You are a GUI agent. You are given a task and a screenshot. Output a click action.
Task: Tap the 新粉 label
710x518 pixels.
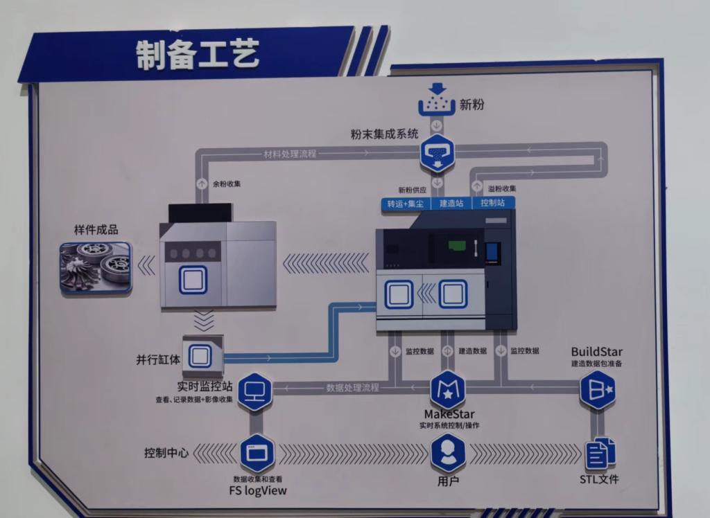[471, 105]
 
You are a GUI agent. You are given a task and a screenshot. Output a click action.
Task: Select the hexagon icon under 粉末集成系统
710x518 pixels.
[437, 153]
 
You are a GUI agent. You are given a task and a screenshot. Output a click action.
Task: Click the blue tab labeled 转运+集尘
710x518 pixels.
[406, 203]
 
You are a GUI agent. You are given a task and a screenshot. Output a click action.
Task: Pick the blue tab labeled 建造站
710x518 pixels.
[451, 203]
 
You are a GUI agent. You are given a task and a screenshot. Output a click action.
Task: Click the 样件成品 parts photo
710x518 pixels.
[96, 267]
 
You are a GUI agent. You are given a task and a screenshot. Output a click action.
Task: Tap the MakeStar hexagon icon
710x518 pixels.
[448, 390]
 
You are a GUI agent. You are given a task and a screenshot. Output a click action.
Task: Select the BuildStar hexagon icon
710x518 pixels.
[597, 389]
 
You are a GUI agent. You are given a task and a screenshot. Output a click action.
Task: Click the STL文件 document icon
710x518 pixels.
[600, 454]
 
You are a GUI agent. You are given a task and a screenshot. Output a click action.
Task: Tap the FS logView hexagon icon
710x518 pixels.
[257, 454]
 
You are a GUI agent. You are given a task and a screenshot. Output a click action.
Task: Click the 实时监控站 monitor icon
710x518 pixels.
[254, 392]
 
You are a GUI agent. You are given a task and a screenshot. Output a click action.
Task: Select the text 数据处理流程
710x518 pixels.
[353, 388]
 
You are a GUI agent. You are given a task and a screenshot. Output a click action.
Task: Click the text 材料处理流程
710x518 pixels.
[290, 153]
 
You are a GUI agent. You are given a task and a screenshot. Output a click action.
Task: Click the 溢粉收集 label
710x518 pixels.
[502, 188]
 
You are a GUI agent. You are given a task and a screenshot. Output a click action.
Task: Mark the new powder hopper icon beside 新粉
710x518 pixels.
[437, 100]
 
